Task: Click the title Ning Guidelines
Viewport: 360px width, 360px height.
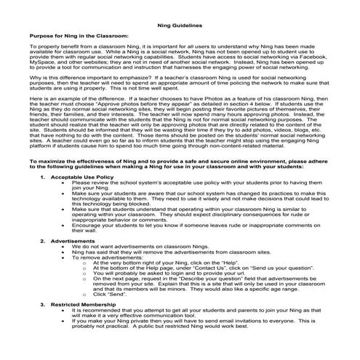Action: (x=180, y=24)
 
